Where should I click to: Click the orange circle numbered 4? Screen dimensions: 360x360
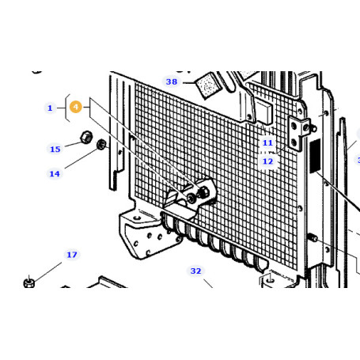(76, 107)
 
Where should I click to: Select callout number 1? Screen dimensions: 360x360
(50, 108)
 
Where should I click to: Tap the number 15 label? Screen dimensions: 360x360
(55, 150)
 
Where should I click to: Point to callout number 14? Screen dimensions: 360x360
(55, 174)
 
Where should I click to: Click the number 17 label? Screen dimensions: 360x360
(72, 255)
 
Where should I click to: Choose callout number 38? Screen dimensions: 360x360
(172, 81)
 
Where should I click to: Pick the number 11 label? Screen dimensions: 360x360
(267, 143)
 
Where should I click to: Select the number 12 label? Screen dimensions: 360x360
(267, 161)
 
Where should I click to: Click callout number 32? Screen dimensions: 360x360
(195, 271)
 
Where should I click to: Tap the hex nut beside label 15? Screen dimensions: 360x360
(86, 137)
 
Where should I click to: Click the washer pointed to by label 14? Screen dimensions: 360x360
(101, 145)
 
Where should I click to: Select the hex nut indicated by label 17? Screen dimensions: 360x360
(29, 282)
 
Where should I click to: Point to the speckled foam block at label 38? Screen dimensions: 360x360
(207, 85)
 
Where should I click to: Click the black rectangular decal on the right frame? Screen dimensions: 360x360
(315, 156)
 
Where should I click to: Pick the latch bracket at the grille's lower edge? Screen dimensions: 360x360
(189, 198)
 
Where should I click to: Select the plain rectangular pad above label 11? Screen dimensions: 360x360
(263, 113)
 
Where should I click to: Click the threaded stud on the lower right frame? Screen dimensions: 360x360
(312, 237)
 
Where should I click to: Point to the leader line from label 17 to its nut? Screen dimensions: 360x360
(48, 272)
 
